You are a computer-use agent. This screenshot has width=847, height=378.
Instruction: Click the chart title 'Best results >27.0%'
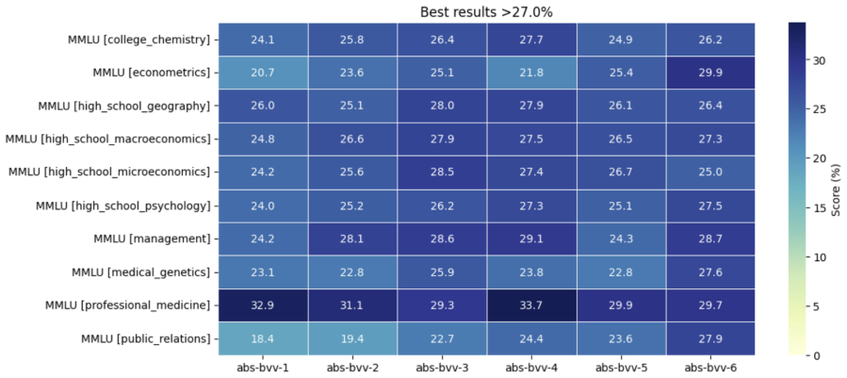486,12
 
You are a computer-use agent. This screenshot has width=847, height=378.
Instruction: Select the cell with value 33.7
531,305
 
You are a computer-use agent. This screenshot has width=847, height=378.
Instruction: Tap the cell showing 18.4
263,338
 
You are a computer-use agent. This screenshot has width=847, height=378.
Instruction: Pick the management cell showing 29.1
531,238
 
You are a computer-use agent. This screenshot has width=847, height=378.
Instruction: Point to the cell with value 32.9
263,305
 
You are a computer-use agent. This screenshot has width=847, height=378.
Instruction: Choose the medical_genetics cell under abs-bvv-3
442,272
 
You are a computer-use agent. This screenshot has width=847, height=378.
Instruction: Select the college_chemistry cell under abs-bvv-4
531,40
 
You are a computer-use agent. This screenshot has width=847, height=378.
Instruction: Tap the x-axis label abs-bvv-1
263,369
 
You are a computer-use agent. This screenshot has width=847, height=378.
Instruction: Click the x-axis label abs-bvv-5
621,369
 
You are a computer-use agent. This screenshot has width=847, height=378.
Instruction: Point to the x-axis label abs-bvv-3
442,369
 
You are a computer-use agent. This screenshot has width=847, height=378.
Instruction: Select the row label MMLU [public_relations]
145,339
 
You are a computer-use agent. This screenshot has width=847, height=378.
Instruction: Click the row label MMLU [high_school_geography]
123,106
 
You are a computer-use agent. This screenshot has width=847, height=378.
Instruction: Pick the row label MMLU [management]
152,239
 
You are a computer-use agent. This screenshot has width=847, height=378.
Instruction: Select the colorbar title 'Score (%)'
836,189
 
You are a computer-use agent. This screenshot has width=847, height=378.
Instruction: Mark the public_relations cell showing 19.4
352,338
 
